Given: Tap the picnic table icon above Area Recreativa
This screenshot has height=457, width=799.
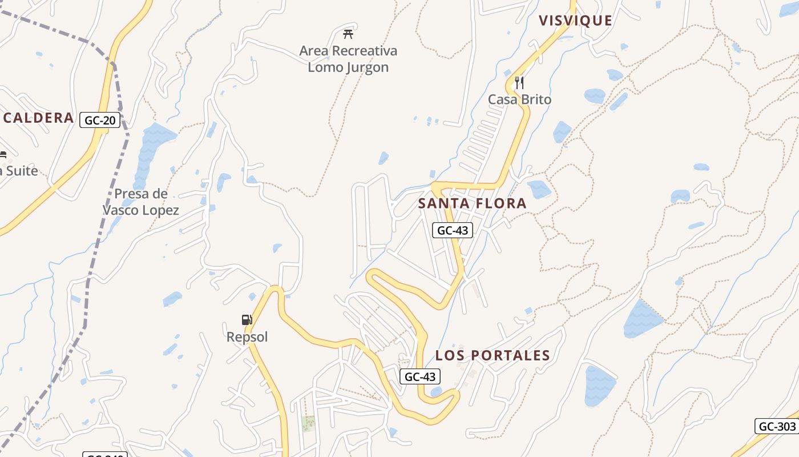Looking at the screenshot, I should click(x=348, y=34).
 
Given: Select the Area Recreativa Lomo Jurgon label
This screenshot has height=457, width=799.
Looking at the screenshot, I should click(x=348, y=59).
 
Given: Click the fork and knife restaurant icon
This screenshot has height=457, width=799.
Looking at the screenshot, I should click(x=519, y=83).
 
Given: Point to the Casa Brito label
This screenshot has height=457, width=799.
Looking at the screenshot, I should click(x=519, y=99).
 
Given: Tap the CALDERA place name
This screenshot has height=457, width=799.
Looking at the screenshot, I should click(x=39, y=118).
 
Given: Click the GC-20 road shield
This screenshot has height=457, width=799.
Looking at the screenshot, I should click(x=99, y=120).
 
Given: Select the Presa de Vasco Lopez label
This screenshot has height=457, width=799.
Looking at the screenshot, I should click(x=141, y=202).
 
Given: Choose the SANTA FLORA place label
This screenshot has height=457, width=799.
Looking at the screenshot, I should click(x=472, y=203).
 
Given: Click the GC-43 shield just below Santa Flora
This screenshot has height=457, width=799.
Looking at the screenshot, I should click(x=453, y=230).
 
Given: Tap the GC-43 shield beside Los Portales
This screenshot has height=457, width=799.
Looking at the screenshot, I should click(x=420, y=376).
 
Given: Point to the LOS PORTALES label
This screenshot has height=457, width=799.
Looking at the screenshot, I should click(x=493, y=355).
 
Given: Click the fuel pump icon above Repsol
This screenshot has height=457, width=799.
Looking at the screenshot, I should click(x=247, y=320).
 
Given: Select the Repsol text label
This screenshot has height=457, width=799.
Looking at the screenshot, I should click(x=247, y=337).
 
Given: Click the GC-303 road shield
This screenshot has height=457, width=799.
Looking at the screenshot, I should click(x=777, y=426).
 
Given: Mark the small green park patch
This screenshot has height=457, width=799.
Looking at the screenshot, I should click(x=308, y=423).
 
